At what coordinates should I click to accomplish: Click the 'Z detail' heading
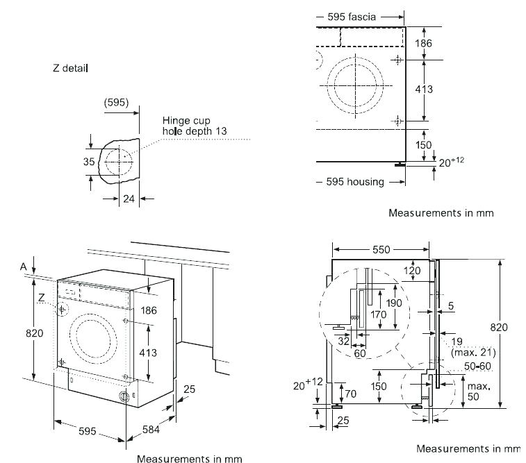(x=69, y=69)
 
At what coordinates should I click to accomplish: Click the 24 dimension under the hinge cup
(x=128, y=199)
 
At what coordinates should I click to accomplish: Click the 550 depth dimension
(x=380, y=249)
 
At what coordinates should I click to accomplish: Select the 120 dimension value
(x=413, y=271)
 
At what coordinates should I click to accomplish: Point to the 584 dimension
(x=151, y=430)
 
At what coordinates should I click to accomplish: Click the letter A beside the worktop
(x=24, y=267)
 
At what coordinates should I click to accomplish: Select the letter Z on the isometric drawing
(x=42, y=297)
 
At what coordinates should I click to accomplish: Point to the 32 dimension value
(x=343, y=341)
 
